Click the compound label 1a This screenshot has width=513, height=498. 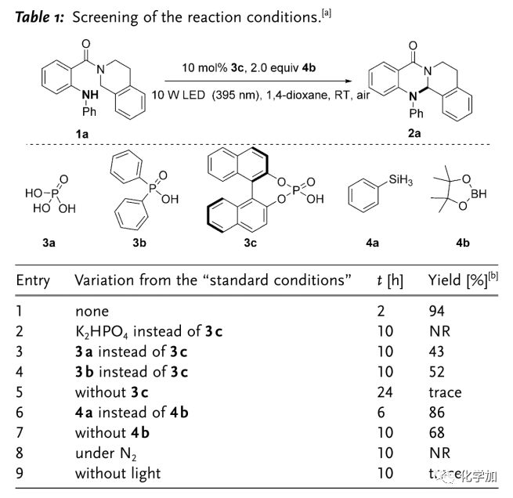(81, 134)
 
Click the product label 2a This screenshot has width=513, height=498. (414, 134)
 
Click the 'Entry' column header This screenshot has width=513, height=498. (32, 280)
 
